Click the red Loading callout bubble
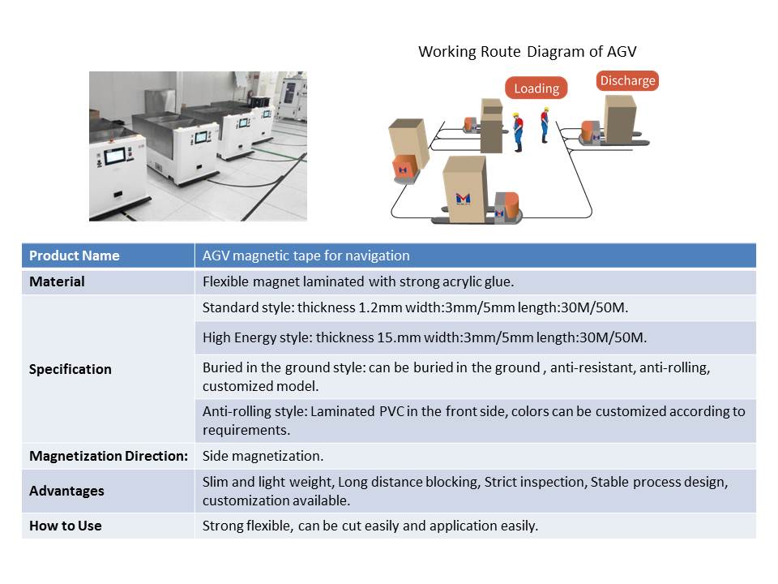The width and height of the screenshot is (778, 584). coord(536,88)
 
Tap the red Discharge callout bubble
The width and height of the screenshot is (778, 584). coord(627,80)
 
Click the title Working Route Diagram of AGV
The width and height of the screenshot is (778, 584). coord(527,52)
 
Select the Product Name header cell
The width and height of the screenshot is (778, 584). coord(108,255)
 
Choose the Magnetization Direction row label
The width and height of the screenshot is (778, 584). coord(108,456)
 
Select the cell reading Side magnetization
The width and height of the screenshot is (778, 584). coord(476,456)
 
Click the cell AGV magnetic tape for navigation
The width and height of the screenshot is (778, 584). coord(476,255)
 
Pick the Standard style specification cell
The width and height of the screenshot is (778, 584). coord(476,308)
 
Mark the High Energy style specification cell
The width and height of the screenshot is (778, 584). coord(476,337)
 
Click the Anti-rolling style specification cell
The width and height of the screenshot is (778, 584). coord(476,421)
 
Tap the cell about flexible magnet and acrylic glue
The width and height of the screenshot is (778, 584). coord(476,281)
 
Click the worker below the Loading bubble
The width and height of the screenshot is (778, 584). coord(518,132)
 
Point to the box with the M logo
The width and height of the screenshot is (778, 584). coord(464,189)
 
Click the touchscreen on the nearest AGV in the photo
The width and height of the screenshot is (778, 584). coord(114,156)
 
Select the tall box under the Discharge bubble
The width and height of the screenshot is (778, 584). coord(620,119)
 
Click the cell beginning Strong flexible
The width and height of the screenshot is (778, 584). coord(476,526)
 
